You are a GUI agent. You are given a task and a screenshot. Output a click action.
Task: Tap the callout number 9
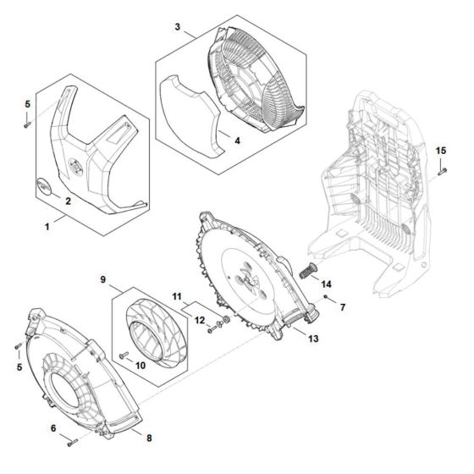(x=102, y=278)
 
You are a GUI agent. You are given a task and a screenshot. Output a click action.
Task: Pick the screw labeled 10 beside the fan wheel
(x=125, y=356)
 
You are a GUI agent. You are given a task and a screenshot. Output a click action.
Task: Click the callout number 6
(x=53, y=429)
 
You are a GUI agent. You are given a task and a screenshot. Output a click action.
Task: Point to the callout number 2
(x=68, y=201)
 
